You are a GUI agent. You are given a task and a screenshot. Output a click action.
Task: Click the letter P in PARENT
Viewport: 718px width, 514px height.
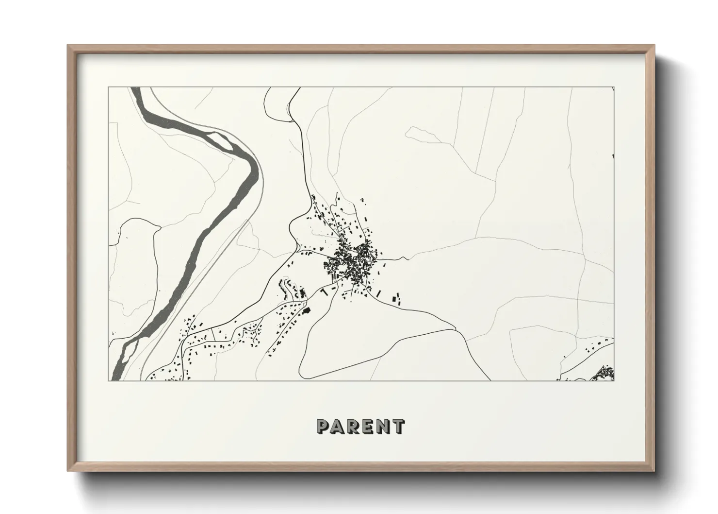pos(323,427)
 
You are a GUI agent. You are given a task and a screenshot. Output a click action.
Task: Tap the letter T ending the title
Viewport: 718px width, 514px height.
pos(398,427)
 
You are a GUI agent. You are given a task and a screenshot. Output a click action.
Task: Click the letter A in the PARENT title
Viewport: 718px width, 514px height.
pos(339,427)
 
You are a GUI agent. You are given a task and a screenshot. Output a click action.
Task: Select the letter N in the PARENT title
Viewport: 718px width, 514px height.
pos(383,427)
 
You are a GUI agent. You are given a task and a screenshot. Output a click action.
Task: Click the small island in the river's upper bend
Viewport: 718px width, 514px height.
pos(224,141)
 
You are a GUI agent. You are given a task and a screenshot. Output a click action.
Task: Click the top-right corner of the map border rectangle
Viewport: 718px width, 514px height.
pos(614,87)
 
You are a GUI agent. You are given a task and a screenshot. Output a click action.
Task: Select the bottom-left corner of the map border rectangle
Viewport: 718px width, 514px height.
pos(109,380)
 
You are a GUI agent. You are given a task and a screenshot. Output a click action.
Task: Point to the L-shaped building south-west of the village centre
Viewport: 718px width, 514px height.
pos(324,291)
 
